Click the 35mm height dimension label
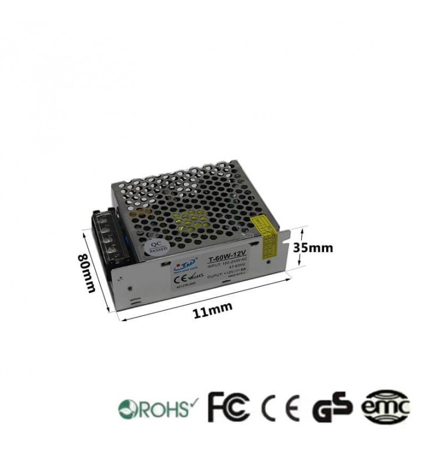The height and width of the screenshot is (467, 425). coord(313,247)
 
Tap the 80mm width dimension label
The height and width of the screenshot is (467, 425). coord(88,275)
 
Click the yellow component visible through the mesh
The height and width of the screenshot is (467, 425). coord(193,219)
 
